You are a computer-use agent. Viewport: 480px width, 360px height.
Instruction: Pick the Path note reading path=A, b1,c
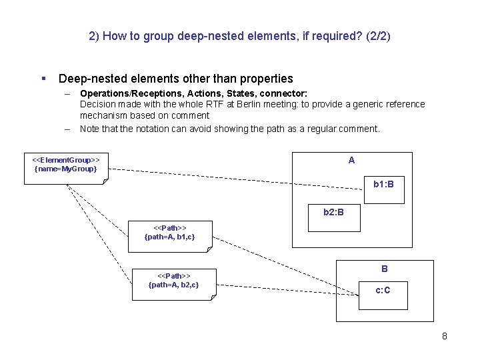[x=169, y=236]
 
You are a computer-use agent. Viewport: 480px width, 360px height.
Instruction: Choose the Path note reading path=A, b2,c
[x=173, y=285]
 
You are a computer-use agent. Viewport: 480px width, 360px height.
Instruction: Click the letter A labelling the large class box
[x=351, y=161]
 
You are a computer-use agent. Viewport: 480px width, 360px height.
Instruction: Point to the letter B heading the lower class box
[x=385, y=269]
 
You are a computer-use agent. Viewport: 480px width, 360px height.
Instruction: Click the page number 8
[x=445, y=336]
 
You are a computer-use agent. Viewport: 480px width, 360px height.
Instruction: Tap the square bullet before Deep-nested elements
[x=43, y=79]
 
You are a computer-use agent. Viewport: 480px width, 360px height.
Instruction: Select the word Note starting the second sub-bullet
[x=91, y=129]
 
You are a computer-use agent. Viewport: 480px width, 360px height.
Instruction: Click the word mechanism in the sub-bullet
[x=103, y=115]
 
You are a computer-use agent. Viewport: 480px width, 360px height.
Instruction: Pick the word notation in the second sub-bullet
[x=154, y=129]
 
